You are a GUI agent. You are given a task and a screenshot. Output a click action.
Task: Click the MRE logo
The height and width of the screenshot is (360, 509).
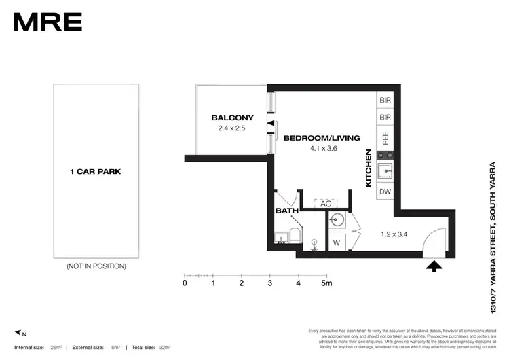[x=48, y=22]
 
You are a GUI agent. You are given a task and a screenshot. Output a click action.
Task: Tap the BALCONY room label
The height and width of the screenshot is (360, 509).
[x=231, y=117]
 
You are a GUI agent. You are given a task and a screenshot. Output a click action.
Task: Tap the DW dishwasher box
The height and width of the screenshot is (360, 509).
[x=385, y=192]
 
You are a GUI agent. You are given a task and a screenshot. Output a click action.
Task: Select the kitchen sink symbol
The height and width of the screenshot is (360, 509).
[x=385, y=170]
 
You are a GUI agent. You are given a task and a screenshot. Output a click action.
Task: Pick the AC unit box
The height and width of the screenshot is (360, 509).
[x=324, y=204]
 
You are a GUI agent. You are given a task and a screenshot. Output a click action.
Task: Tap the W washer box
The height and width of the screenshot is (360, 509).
[x=336, y=242]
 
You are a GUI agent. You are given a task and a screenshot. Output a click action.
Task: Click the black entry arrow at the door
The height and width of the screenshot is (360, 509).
[x=432, y=266]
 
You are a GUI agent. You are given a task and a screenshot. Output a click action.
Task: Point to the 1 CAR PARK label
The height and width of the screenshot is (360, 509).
[x=96, y=172]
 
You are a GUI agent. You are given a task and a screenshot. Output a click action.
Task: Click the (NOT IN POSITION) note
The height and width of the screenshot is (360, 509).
[x=96, y=266]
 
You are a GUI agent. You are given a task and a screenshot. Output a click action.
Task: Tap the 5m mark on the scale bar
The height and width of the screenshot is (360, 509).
[x=326, y=283]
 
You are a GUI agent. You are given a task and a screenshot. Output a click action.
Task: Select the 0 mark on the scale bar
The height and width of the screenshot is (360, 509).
[x=185, y=283]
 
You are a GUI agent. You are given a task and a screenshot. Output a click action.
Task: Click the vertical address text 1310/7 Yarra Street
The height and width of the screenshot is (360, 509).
[x=493, y=237]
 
